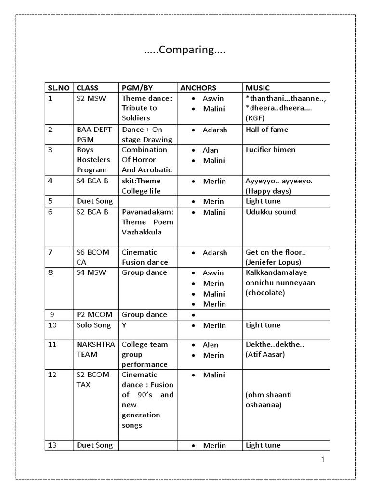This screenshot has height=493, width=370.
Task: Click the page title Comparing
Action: point(185,51)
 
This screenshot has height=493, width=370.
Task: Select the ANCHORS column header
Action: point(198,88)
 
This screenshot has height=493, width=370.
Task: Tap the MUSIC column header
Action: point(258,88)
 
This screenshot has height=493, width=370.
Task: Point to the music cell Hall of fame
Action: point(267,130)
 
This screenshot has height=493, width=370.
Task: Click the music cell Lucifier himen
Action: point(270,150)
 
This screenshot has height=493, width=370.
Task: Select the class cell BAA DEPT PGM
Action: point(93,134)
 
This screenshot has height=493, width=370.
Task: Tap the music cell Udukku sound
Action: point(271,212)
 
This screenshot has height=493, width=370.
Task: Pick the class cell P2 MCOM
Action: point(94,314)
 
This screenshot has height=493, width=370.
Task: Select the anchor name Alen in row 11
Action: point(211,345)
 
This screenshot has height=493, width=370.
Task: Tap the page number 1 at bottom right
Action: point(323,459)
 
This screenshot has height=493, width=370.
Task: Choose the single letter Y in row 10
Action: point(124,325)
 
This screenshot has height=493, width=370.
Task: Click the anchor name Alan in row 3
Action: point(211,150)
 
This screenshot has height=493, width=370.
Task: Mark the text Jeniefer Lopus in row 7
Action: point(273,262)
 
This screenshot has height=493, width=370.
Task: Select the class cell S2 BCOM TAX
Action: point(93,380)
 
